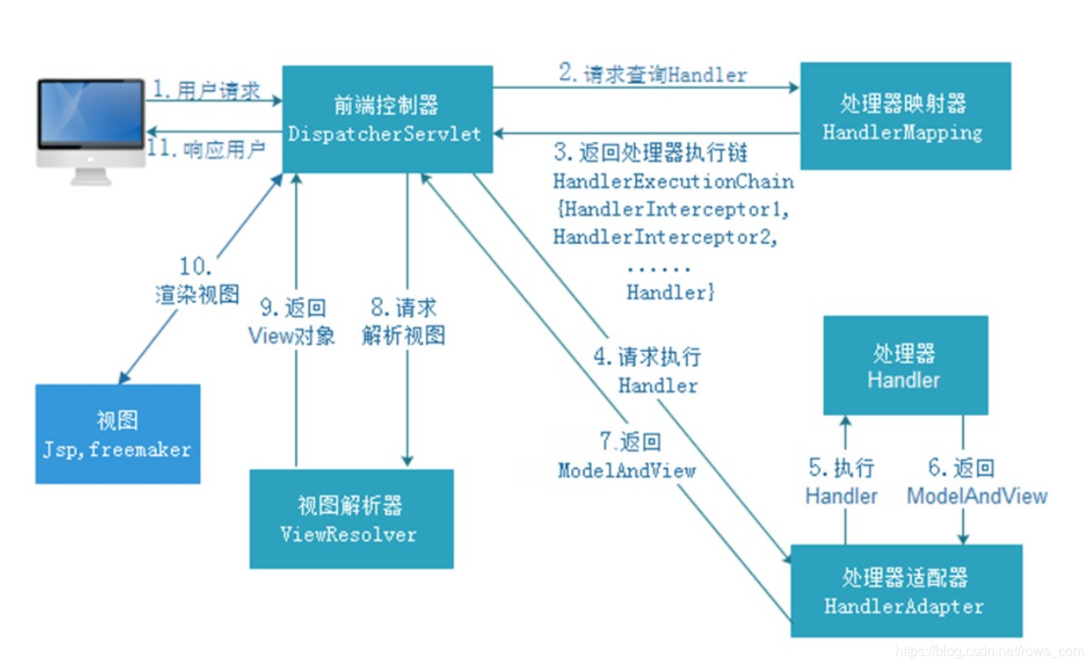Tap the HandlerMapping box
[x=905, y=116]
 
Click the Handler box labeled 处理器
[x=904, y=366]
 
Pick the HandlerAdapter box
[x=905, y=591]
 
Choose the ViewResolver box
[x=350, y=519]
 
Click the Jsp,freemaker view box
[x=118, y=434]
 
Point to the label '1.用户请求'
[x=207, y=90]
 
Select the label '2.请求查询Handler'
[x=652, y=74]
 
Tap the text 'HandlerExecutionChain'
[x=673, y=183]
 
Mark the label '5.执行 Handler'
[x=841, y=482]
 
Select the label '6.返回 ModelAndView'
[x=977, y=482]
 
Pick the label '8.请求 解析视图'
[x=404, y=321]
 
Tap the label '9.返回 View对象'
[x=292, y=322]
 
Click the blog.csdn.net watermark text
[x=989, y=651]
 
